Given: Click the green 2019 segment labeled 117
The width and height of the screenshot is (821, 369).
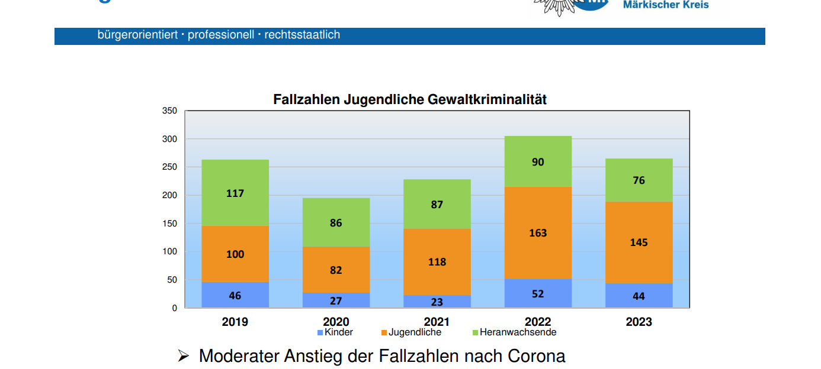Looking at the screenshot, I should [235, 193].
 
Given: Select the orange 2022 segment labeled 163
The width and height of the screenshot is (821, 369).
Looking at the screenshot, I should [538, 232].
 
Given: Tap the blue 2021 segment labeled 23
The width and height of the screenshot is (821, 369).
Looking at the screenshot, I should [437, 302].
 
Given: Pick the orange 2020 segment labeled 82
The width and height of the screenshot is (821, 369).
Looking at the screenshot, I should [336, 270].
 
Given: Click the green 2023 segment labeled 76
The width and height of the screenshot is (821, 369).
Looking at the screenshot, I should [639, 180].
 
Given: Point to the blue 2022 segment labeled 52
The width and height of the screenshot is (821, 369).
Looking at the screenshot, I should [538, 293].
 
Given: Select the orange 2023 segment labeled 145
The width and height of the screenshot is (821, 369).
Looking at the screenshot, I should [639, 242].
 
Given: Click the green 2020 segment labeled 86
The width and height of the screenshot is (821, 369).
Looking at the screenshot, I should [336, 223].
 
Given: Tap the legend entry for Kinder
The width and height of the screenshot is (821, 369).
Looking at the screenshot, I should [335, 332].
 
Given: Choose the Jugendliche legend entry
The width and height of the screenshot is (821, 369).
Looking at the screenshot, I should [411, 332].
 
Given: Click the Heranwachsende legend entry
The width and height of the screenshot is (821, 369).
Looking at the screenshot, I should [514, 332].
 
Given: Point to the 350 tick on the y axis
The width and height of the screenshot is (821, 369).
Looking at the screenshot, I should [169, 111].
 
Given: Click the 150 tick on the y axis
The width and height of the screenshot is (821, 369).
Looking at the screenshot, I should [169, 224].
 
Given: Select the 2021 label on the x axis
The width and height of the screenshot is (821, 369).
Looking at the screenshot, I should [437, 322].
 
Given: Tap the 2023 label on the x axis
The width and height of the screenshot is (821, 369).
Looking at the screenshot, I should [639, 322].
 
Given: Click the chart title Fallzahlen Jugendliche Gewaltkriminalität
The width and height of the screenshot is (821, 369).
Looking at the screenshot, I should [410, 99].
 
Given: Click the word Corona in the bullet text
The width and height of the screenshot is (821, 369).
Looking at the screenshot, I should [537, 356].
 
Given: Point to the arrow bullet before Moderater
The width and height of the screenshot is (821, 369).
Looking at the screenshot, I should [183, 356].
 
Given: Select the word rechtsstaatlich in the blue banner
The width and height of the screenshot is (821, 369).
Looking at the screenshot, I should [302, 35].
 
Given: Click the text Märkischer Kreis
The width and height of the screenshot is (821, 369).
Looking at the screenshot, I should [666, 5].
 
